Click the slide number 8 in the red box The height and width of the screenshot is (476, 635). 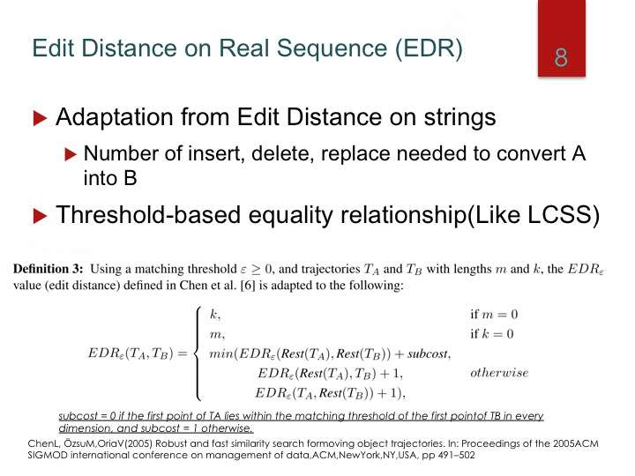click(561, 58)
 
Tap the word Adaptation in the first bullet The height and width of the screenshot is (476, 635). click(114, 118)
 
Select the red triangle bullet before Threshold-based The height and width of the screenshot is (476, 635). click(40, 216)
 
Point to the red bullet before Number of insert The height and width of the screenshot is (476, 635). click(71, 154)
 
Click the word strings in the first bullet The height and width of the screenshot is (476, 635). click(459, 118)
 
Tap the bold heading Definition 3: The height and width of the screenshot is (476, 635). click(48, 269)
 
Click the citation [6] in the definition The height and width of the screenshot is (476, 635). click(248, 286)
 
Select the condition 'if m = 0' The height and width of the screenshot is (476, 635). click(494, 314)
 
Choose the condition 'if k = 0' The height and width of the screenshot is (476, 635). click(491, 333)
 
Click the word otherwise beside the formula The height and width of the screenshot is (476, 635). click(499, 372)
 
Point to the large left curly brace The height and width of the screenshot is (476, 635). click(198, 353)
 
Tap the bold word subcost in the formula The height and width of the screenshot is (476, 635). click(428, 353)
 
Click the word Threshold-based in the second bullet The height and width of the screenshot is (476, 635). click(149, 214)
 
